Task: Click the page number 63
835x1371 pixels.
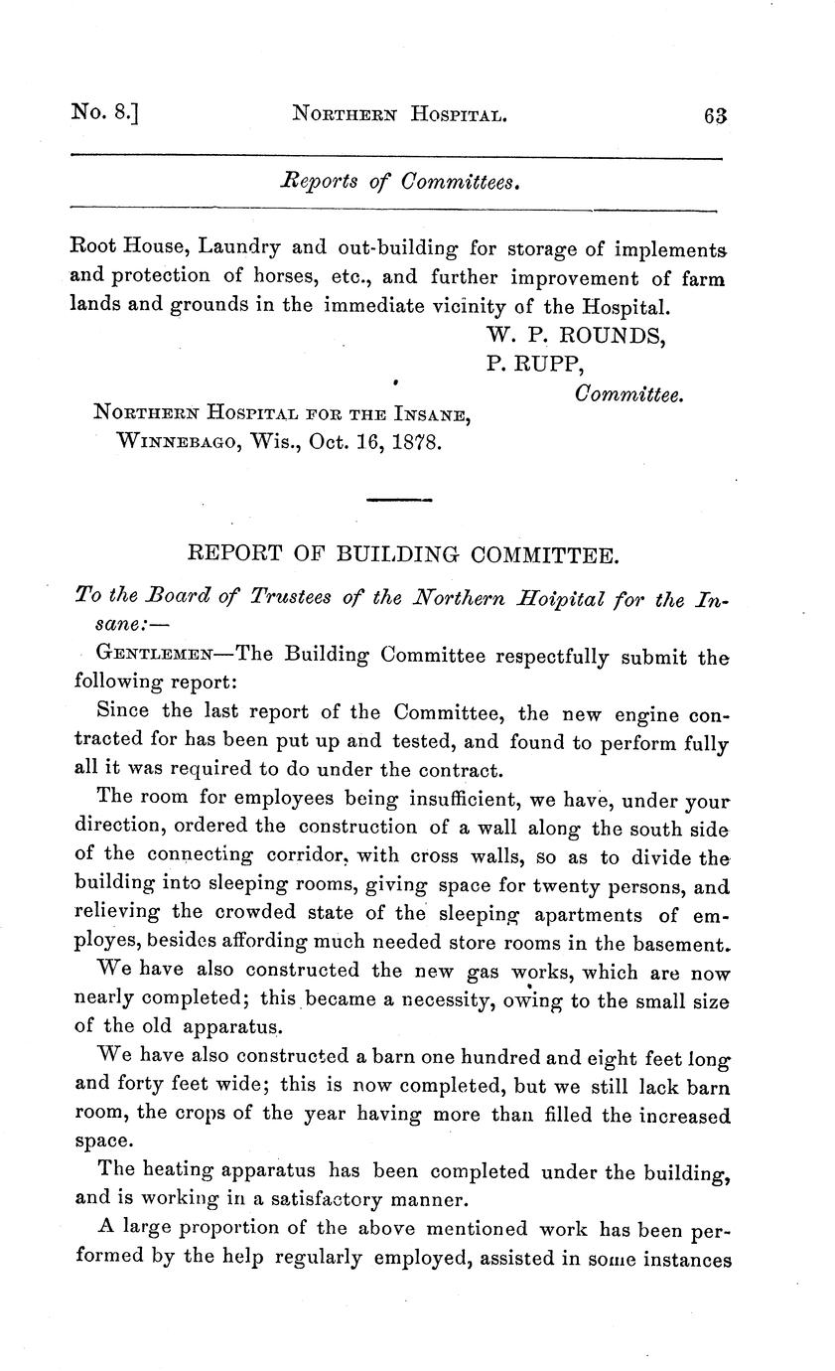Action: [x=715, y=114]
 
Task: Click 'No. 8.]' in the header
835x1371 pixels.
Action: [x=103, y=113]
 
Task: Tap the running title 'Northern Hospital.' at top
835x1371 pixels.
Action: [x=400, y=115]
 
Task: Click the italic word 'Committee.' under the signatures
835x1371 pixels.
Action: [x=629, y=394]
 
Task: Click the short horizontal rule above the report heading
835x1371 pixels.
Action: [x=399, y=499]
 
